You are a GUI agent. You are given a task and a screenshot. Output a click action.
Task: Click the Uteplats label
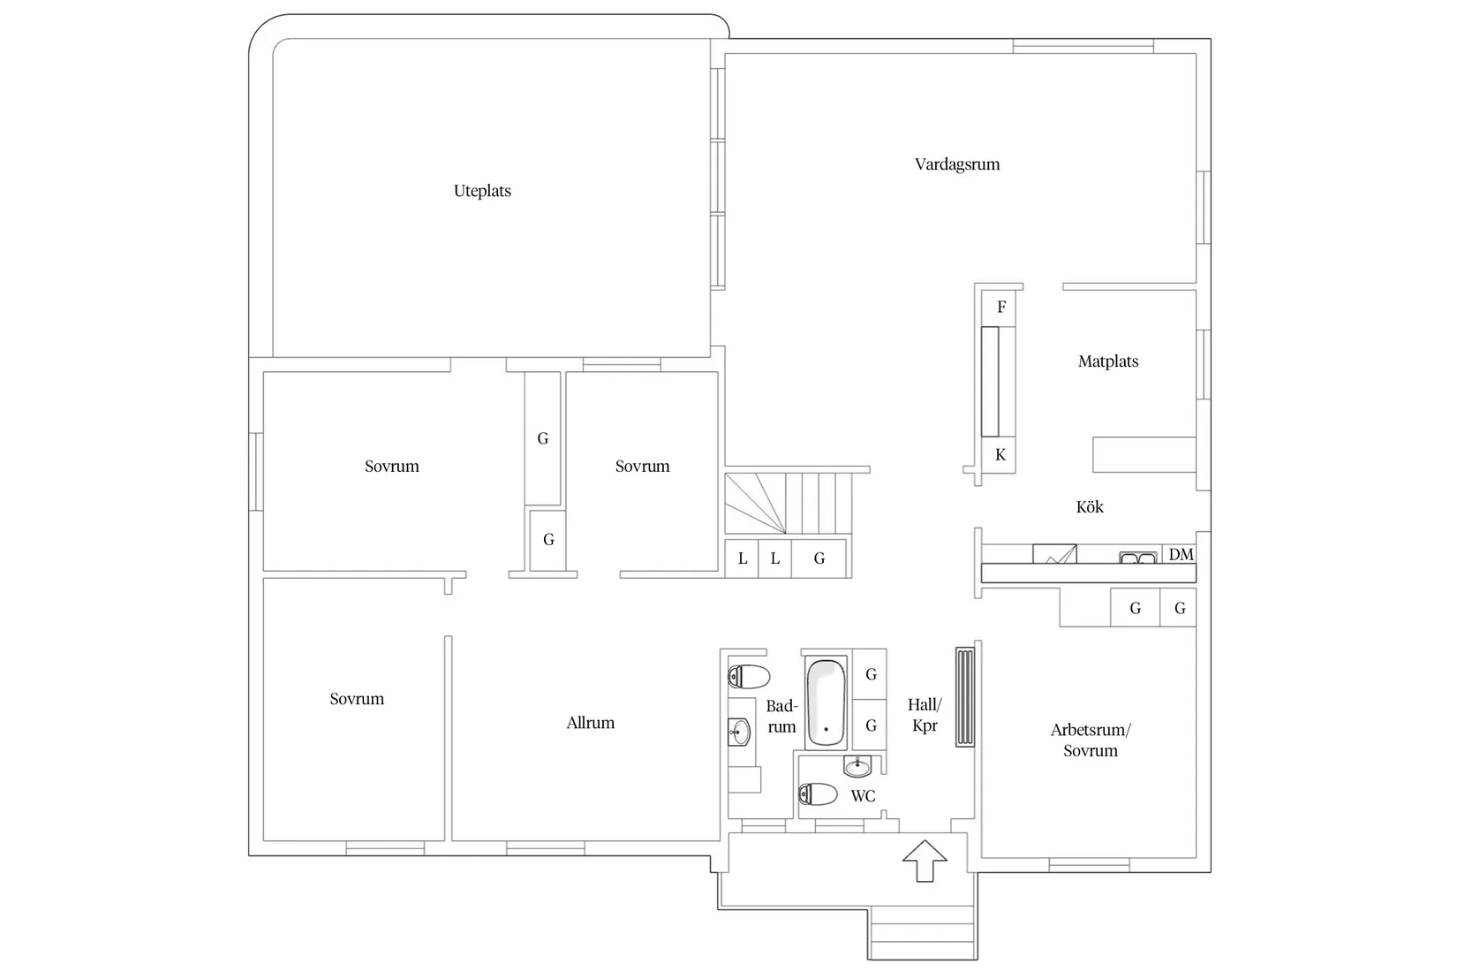pos(482,191)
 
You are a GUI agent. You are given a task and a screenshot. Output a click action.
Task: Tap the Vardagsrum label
pos(957,164)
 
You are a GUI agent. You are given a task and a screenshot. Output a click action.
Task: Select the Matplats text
pos(1107,361)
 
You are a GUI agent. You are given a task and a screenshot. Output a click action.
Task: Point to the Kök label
pos(1090,506)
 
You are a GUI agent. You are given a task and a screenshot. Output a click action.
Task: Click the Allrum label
pos(590,723)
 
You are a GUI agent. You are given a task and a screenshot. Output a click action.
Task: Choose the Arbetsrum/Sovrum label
pos(1091,740)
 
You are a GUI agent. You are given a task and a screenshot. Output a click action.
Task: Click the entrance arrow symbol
pos(925,861)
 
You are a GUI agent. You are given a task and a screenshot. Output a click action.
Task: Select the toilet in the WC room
pos(818,794)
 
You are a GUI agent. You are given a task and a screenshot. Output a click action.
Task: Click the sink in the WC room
pos(857,766)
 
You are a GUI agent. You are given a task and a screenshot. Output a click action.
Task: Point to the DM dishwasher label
pos(1181,554)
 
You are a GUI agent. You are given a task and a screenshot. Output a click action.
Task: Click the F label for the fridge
pos(1001,307)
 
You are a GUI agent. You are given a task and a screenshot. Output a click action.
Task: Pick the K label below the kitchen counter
pos(1000,454)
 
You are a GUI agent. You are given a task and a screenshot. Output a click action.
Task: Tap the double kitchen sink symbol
pos(1137,558)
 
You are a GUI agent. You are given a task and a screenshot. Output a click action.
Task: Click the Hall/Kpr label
pos(925,715)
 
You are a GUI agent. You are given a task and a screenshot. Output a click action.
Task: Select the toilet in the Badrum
pos(750,677)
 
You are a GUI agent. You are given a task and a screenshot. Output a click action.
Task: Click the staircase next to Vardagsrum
pos(789,504)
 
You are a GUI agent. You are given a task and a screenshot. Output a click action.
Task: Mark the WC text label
pos(863,795)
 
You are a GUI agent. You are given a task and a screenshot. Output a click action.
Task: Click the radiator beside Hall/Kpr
pos(964,696)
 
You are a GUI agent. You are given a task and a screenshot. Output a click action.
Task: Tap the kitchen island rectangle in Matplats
pos(1144,454)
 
